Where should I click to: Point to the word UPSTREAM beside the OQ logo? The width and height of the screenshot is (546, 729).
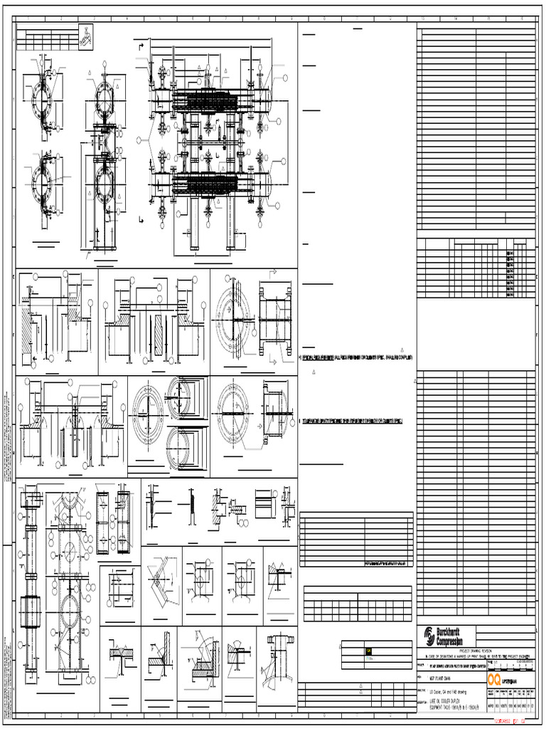coord(515,681)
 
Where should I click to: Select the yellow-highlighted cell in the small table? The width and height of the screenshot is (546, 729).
coord(369,651)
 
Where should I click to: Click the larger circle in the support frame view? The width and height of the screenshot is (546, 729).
coord(70,609)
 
